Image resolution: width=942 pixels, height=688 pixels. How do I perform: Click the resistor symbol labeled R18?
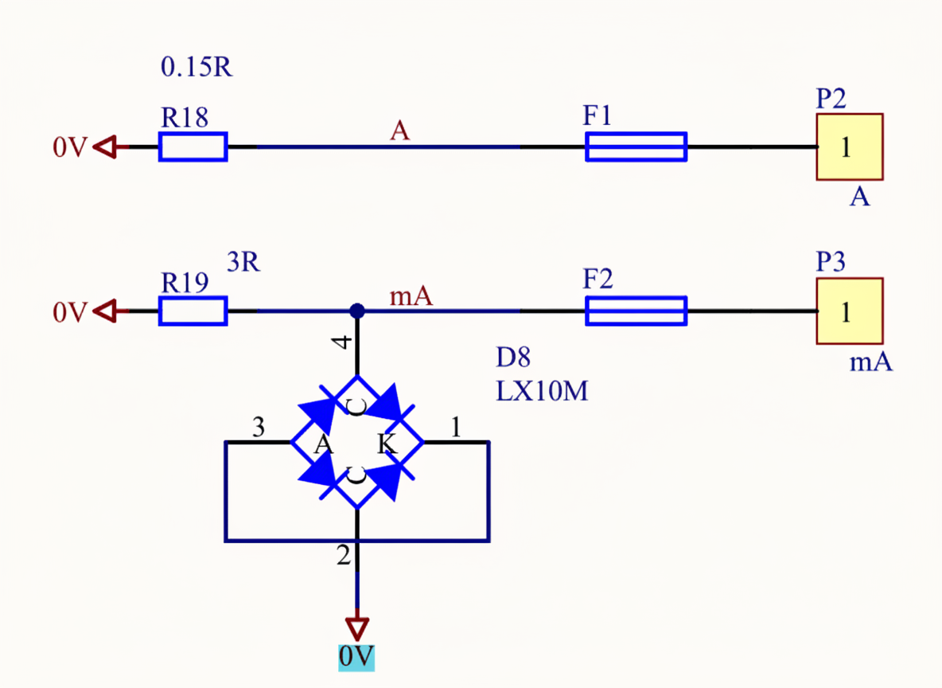[193, 147]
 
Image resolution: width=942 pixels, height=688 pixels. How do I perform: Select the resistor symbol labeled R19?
[193, 311]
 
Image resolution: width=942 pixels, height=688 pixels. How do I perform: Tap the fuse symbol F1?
[636, 147]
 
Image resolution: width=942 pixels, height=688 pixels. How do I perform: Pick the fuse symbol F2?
[636, 311]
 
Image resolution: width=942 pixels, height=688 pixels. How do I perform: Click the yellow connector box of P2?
[849, 147]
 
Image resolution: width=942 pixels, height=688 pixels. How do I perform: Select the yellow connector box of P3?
[849, 311]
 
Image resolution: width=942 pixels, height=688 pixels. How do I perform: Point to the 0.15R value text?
[197, 68]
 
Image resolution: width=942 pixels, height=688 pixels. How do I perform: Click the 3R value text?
[243, 263]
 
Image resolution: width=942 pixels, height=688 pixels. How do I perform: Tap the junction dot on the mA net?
[357, 311]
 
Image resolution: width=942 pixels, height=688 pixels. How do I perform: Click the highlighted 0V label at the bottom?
[356, 657]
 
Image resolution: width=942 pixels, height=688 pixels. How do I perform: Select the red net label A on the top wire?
[399, 131]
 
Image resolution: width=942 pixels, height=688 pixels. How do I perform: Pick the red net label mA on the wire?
[411, 297]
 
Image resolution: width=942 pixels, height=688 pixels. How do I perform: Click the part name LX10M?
[542, 391]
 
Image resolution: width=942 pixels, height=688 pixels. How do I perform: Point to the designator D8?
[513, 358]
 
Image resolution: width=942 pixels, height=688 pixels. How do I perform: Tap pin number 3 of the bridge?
[258, 428]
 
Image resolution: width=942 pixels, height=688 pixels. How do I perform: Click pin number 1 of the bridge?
[455, 428]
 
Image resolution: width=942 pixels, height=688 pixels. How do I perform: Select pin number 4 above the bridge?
[341, 342]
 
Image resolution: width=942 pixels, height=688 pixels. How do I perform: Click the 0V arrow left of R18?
[105, 147]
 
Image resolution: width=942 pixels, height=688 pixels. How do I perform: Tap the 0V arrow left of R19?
[105, 311]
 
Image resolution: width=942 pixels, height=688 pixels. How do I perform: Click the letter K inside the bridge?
[387, 444]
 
